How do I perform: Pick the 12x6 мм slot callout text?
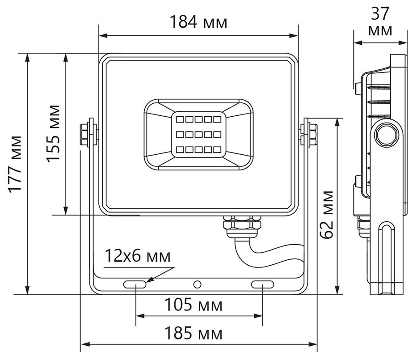coord(138,257)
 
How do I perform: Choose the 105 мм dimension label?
coord(193,305)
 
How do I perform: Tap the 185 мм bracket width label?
coord(193,334)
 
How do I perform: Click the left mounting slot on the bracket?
coord(135,284)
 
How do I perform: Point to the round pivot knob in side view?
coord(385,134)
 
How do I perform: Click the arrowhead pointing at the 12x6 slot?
coord(150,280)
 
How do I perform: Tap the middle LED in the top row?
coord(197,119)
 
